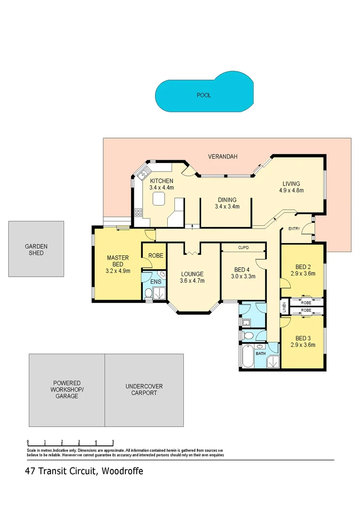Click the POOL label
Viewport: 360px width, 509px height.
(204, 95)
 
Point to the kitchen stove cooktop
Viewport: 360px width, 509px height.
(139, 213)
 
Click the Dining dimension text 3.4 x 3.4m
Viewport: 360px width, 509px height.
(227, 206)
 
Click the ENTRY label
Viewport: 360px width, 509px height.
(294, 229)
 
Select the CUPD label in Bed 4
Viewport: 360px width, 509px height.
(243, 247)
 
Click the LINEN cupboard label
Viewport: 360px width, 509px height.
(284, 306)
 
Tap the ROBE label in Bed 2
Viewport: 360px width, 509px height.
(306, 302)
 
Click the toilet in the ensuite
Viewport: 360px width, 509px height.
(148, 294)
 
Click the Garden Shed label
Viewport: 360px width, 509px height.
(36, 249)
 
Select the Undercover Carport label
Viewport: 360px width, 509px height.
(144, 389)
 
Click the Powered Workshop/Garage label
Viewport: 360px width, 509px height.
(66, 390)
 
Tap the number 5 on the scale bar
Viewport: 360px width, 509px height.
(113, 442)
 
